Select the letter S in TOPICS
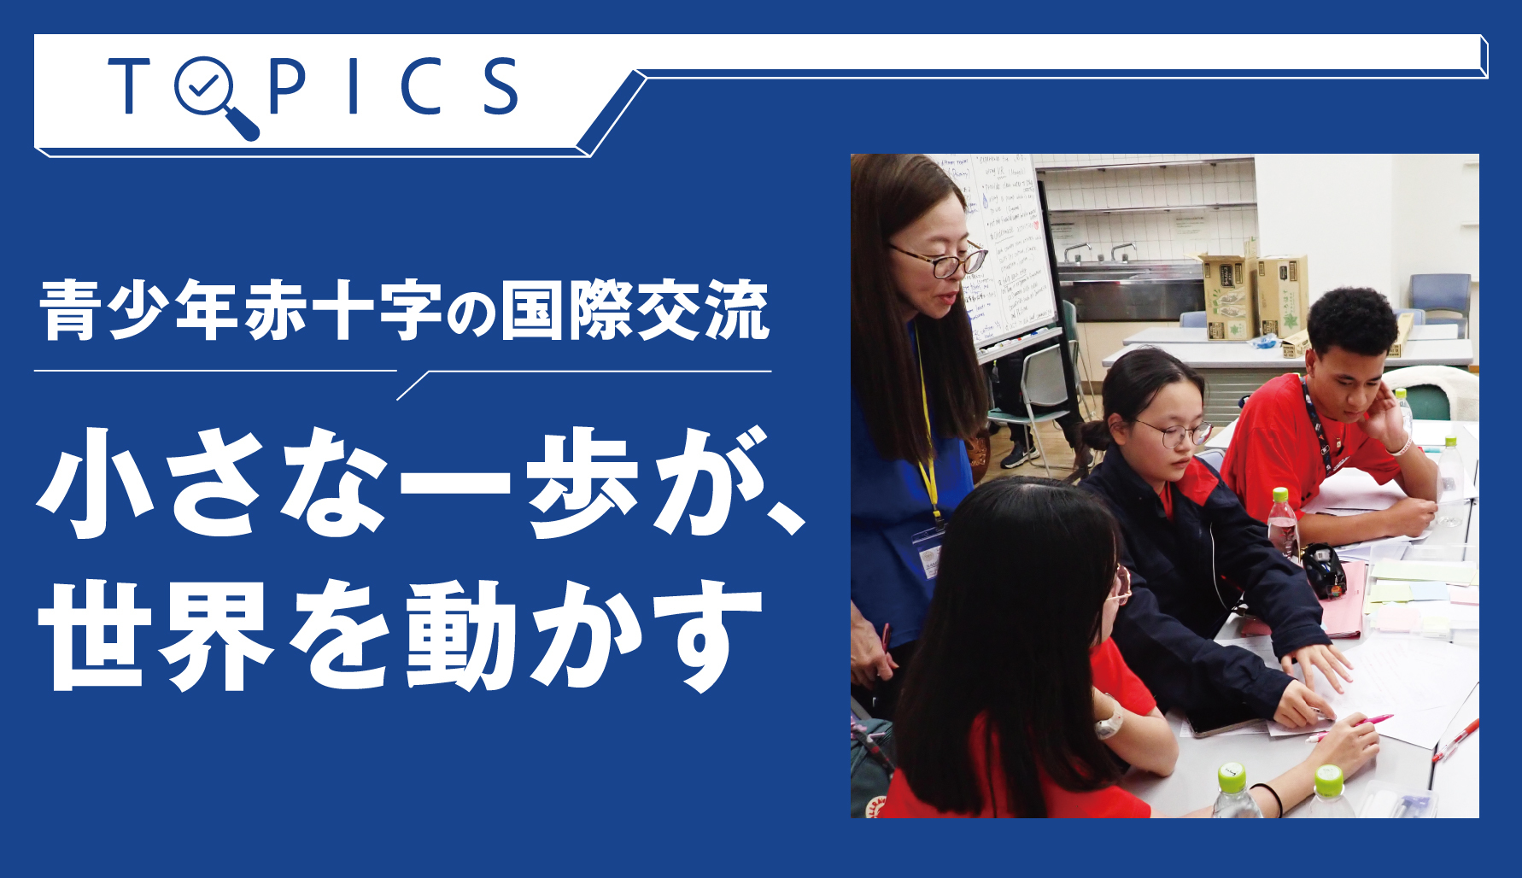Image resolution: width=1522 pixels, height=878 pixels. tap(500, 85)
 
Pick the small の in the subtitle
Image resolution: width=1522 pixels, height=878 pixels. tap(470, 314)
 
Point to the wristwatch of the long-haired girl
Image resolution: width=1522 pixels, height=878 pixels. tap(1109, 725)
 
